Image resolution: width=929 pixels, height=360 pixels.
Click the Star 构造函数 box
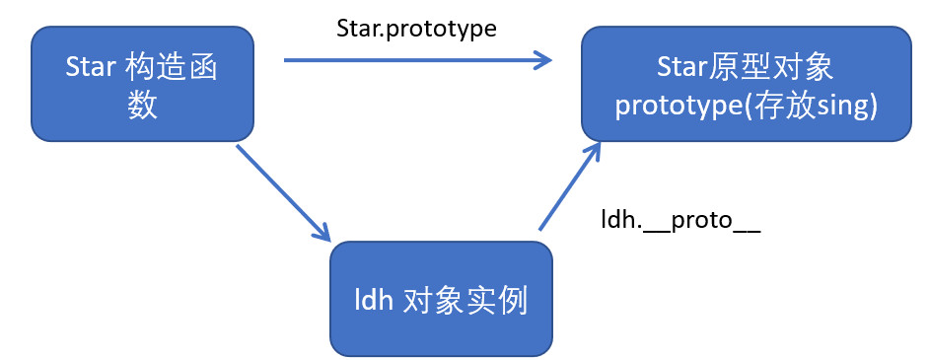(142, 84)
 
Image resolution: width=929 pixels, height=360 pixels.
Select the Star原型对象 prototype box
(746, 84)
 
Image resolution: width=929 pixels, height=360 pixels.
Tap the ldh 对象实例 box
(441, 299)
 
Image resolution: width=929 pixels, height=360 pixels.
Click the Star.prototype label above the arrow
(416, 29)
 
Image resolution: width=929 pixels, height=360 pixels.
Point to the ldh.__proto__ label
(680, 221)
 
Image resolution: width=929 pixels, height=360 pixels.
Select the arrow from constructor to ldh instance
(283, 192)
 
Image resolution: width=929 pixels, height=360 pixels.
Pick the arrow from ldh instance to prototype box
(569, 185)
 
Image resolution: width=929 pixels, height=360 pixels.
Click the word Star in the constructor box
(90, 67)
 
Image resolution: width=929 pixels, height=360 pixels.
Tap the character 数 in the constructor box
(142, 107)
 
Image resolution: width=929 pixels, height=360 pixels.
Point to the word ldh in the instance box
(374, 302)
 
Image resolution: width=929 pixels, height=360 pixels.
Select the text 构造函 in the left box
(172, 67)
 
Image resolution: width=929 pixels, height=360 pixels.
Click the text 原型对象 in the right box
(771, 68)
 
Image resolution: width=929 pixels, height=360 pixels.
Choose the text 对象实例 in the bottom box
(465, 302)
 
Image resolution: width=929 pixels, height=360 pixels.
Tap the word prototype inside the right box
(678, 108)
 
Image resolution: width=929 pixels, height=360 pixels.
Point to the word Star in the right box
(681, 69)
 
